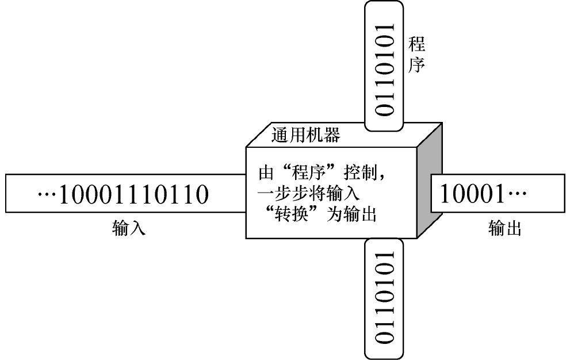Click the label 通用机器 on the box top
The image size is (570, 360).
click(305, 135)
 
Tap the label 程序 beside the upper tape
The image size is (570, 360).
click(416, 55)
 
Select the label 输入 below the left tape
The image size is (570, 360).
click(128, 229)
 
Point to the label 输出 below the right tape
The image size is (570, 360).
click(505, 229)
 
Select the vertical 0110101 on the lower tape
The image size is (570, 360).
click(384, 296)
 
